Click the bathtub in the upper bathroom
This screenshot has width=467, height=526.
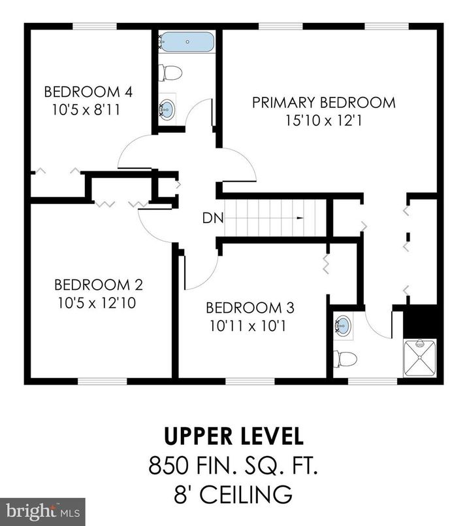pos(187,43)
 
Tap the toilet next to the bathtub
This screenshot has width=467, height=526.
pos(172,72)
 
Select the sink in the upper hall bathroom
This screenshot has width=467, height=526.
pos(167,109)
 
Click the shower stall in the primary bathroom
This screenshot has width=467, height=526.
pos(419,358)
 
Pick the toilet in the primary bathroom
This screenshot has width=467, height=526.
pos(345,359)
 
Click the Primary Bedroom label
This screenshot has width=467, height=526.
pos(323,103)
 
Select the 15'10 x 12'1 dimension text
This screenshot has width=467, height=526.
pos(323,120)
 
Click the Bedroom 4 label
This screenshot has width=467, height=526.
pos(88,92)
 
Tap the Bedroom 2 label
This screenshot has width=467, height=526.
pos(98,285)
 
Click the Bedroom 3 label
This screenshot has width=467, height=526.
pos(250,307)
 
